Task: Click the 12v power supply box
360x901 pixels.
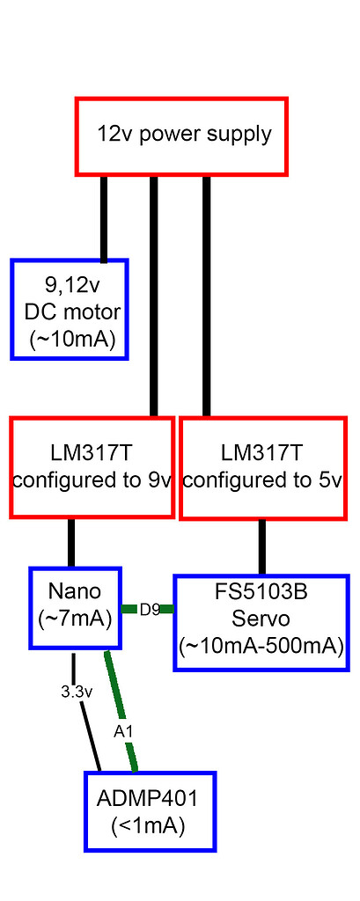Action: coord(181,136)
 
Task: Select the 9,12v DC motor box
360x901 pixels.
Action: coord(70,309)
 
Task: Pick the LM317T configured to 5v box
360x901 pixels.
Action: coord(261,467)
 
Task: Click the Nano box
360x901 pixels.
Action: coord(75,607)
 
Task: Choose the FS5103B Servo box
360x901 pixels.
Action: coord(261,622)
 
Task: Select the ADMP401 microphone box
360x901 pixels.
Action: coord(150,811)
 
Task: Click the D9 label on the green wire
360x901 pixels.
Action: coord(150,609)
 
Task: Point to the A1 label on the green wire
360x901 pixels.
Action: coord(122,729)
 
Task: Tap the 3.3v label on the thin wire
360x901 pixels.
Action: coord(77,692)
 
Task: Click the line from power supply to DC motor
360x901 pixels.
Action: coord(104,217)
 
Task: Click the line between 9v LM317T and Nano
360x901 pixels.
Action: coord(72,543)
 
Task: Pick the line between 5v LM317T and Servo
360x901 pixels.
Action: coord(261,547)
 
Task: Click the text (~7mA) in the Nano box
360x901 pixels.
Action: coord(75,619)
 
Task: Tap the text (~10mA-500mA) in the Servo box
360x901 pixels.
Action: coord(261,647)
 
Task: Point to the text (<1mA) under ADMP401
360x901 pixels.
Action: coord(149,826)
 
